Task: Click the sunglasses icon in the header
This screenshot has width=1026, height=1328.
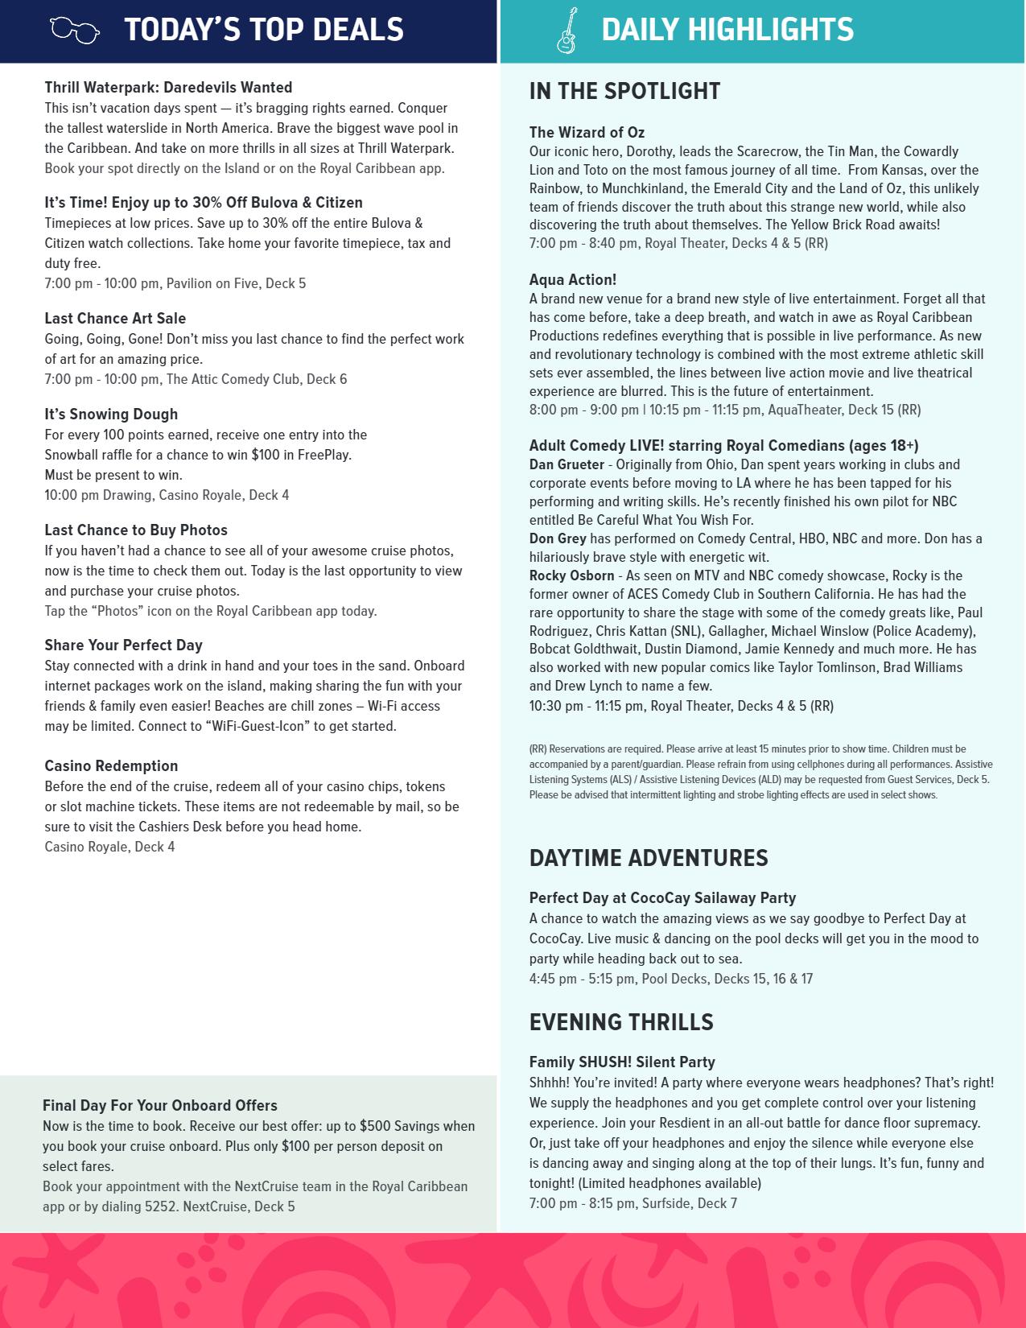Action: click(75, 31)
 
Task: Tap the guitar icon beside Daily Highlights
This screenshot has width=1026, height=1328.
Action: click(567, 31)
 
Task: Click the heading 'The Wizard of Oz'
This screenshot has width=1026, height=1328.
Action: click(587, 133)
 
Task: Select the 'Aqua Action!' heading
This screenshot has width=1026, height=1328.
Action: click(573, 280)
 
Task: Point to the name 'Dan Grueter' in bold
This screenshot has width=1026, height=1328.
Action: click(567, 464)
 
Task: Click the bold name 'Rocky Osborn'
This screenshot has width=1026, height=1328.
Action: click(571, 575)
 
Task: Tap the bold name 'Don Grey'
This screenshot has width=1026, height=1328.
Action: click(558, 538)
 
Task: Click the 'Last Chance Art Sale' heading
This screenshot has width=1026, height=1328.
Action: click(115, 319)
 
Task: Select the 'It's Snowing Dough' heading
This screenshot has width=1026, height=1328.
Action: click(111, 414)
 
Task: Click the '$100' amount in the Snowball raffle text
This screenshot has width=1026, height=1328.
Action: click(266, 455)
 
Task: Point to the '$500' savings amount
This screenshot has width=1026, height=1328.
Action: click(375, 1126)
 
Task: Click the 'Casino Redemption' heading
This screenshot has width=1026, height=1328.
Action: click(111, 766)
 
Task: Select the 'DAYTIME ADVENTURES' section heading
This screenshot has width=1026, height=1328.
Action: click(649, 858)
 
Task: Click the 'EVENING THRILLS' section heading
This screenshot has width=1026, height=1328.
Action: click(621, 1022)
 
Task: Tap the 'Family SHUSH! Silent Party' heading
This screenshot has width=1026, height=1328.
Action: click(622, 1062)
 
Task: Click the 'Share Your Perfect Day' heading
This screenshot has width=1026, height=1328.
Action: click(123, 645)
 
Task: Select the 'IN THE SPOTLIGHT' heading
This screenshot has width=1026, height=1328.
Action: click(624, 91)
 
